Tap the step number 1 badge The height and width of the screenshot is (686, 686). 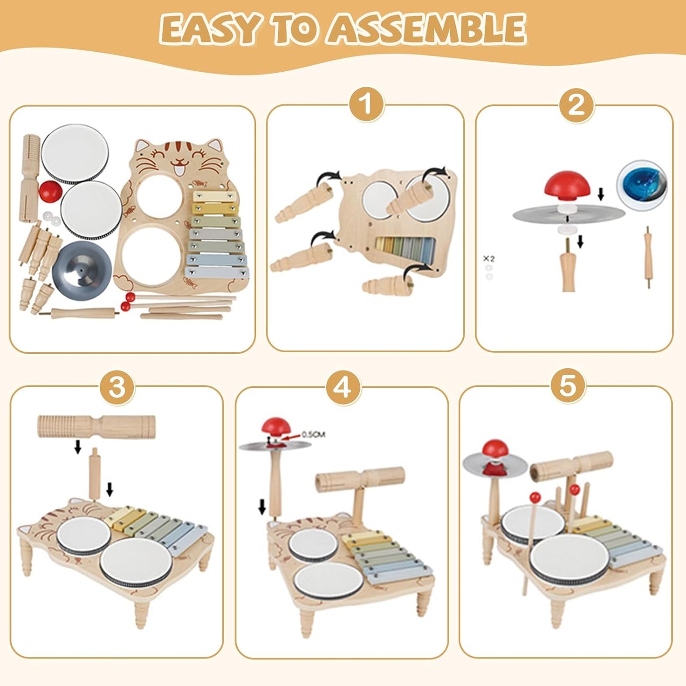pos(366,103)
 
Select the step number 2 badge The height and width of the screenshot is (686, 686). pos(576,103)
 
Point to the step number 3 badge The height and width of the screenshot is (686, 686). pos(117,387)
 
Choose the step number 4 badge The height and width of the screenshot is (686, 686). pos(343,387)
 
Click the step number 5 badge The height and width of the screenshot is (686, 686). pos(567,385)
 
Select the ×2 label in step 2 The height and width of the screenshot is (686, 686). pos(489,259)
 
